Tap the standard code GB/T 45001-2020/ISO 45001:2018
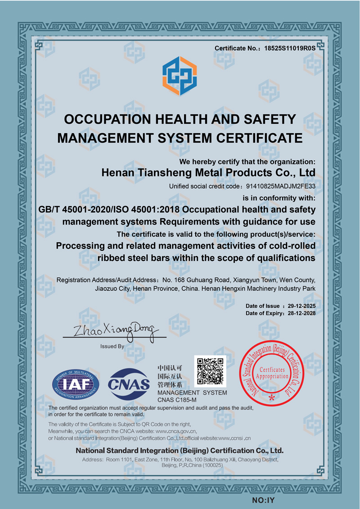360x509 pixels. point(110,210)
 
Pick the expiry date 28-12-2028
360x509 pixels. point(301,313)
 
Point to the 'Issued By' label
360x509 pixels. point(112,347)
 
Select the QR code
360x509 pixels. point(211,371)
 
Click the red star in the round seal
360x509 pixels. point(271,398)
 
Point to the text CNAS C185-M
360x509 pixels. point(177,400)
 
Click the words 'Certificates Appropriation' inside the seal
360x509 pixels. point(271,372)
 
